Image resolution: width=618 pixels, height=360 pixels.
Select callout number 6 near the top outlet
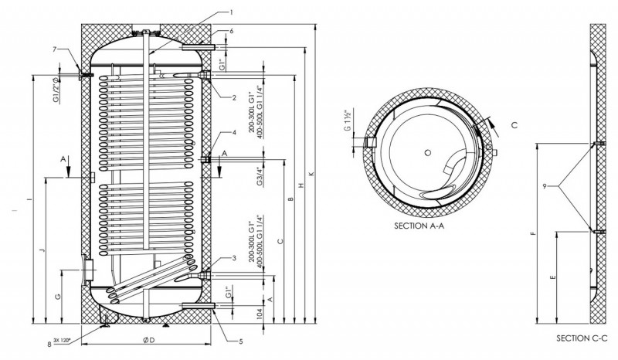pyautogui.click(x=231, y=32)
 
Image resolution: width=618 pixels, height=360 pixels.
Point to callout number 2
pyautogui.click(x=233, y=97)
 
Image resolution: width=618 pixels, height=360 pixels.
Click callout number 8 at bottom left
pyautogui.click(x=49, y=345)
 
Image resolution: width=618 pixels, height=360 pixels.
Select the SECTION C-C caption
pyautogui.click(x=582, y=338)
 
